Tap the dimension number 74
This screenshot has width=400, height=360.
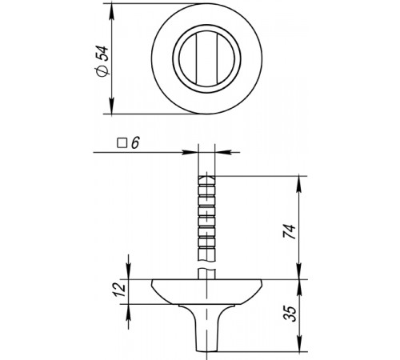click(x=290, y=231)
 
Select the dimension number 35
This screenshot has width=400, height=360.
click(x=290, y=314)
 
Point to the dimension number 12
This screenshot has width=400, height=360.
click(x=119, y=290)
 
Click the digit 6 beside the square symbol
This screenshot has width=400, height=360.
click(x=135, y=143)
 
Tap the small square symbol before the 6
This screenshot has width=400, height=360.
click(x=122, y=143)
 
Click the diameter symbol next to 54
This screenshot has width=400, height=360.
click(x=102, y=71)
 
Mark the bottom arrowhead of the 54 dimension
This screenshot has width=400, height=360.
click(x=112, y=106)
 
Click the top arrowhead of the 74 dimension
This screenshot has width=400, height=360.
click(x=299, y=183)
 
